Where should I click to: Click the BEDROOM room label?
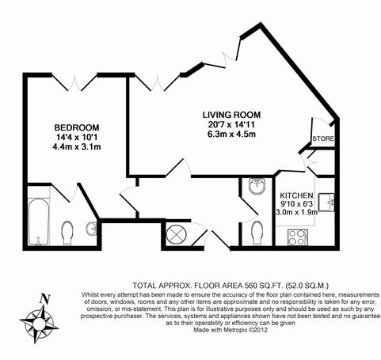click(77, 127)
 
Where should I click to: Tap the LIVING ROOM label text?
click(231, 115)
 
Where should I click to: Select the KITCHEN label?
click(296, 195)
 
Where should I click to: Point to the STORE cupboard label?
click(323, 138)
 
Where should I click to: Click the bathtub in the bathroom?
click(39, 222)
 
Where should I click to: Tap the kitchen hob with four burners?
click(298, 237)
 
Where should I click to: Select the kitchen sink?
click(326, 203)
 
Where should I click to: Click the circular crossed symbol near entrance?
click(176, 235)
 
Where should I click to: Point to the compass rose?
click(39, 323)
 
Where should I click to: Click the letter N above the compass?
click(45, 298)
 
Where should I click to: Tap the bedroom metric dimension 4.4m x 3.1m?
click(77, 147)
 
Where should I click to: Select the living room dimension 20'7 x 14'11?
click(231, 124)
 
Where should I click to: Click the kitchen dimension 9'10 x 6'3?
click(296, 204)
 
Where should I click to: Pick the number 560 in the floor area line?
click(251, 286)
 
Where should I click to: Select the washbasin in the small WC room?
click(257, 186)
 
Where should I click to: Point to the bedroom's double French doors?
click(74, 82)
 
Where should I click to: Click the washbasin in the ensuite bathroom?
click(92, 229)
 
